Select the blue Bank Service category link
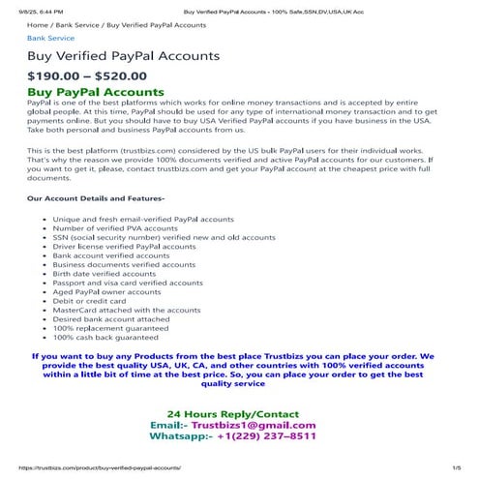tap(50, 39)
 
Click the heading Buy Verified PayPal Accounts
tap(123, 56)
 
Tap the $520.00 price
tap(121, 75)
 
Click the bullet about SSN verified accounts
tap(164, 237)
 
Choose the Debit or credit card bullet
tap(89, 300)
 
